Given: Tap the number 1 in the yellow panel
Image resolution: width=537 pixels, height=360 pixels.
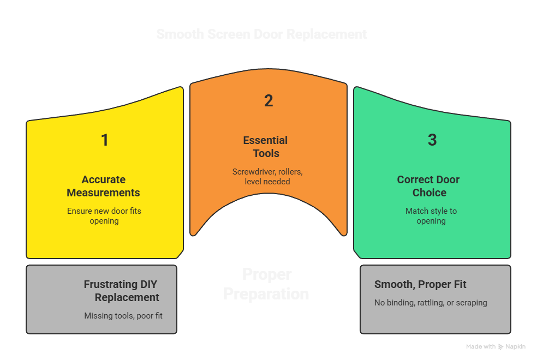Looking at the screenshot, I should pyautogui.click(x=105, y=140).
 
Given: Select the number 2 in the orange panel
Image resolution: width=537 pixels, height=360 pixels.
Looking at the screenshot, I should pyautogui.click(x=268, y=101).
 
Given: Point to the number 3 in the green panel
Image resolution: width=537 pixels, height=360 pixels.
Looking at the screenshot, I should pyautogui.click(x=432, y=140).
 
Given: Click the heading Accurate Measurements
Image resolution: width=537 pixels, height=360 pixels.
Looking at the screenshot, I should pyautogui.click(x=103, y=186).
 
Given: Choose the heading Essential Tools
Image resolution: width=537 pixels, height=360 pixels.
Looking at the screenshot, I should pyautogui.click(x=266, y=147).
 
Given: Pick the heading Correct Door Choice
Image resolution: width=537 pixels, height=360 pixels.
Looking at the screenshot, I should pyautogui.click(x=428, y=186).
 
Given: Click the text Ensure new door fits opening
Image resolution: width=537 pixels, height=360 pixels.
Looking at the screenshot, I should pyautogui.click(x=104, y=215).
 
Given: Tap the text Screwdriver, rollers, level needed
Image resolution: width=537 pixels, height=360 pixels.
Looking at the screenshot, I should pyautogui.click(x=267, y=176).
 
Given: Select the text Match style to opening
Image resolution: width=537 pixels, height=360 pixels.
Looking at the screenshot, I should pyautogui.click(x=431, y=215).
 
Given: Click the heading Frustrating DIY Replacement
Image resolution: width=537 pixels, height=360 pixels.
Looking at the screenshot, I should pyautogui.click(x=121, y=291).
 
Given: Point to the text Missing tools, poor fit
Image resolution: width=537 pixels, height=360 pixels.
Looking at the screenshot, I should pyautogui.click(x=123, y=316).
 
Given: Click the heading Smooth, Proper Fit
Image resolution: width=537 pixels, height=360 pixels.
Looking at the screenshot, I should pyautogui.click(x=420, y=284).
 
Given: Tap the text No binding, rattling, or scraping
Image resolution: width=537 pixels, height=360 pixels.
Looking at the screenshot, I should pyautogui.click(x=431, y=303).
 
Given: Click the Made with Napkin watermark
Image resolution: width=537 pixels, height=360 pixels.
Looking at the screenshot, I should pyautogui.click(x=496, y=347).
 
